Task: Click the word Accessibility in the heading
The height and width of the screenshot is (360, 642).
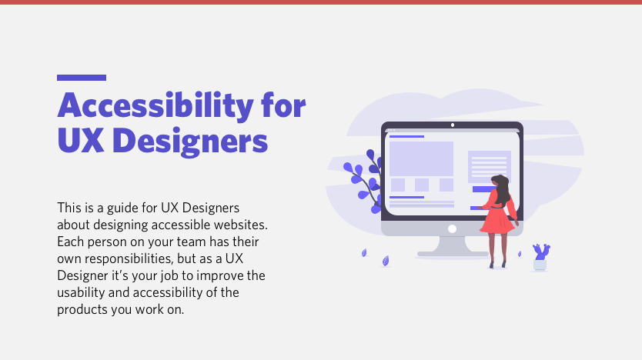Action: coord(155,106)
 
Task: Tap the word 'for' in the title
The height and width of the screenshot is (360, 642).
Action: coord(283,105)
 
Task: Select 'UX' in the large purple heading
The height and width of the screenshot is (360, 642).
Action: coord(80,140)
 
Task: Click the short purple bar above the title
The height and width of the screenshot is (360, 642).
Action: coord(82,78)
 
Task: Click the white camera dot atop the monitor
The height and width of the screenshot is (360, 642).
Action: coord(453,125)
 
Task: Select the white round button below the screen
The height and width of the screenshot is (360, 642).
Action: coord(452,228)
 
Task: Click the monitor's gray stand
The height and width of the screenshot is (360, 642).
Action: coord(453,247)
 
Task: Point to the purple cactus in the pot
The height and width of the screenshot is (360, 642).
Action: coord(541,252)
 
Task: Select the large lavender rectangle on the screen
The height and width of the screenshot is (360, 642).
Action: coord(421,158)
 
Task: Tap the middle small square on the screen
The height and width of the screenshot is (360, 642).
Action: coord(422,185)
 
